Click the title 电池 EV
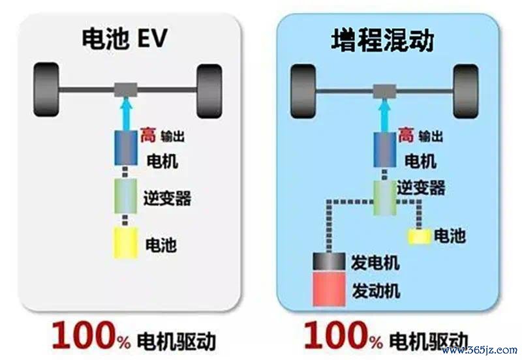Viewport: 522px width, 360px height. (x=124, y=38)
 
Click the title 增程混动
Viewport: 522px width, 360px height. (x=383, y=40)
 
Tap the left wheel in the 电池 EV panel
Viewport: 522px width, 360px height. (x=46, y=90)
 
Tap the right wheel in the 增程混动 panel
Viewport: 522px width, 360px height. (x=466, y=91)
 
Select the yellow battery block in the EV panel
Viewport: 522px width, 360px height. (x=126, y=243)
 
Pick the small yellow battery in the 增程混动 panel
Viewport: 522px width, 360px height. (x=420, y=237)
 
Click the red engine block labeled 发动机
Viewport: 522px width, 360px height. (x=329, y=288)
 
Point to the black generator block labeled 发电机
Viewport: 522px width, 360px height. (x=329, y=261)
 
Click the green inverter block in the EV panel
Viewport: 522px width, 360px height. (x=126, y=196)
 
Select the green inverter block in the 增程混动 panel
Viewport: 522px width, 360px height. (x=384, y=198)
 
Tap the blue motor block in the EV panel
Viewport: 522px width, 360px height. (x=126, y=148)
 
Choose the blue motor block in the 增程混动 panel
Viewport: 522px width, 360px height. (x=385, y=149)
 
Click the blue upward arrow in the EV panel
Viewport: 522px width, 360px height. (x=126, y=113)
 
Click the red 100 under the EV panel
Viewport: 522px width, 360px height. (x=85, y=335)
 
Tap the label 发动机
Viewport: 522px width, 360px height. (x=376, y=291)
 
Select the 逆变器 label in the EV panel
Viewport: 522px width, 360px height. (x=167, y=198)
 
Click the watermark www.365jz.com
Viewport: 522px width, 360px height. (x=480, y=350)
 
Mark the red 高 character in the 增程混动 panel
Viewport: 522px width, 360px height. (x=406, y=135)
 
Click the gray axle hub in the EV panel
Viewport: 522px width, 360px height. (x=126, y=90)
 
